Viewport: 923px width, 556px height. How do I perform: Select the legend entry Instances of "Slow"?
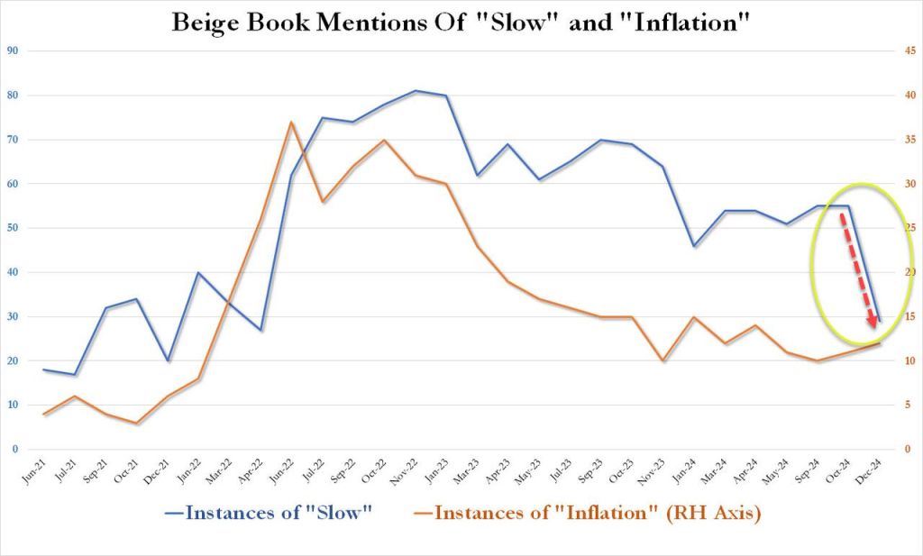pos(269,513)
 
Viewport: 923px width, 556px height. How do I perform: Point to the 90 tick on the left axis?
pos(14,51)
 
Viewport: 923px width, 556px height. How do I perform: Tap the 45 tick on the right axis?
pos(911,51)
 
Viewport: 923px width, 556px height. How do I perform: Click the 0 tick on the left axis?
pos(16,449)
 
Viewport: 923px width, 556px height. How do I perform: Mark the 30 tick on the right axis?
pos(911,184)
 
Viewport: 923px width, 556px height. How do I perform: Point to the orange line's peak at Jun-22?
pos(291,123)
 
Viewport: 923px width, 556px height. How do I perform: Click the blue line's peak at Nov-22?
pos(416,91)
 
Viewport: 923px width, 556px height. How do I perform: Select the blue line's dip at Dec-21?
pos(168,360)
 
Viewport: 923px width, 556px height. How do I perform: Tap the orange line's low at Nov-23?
pos(663,360)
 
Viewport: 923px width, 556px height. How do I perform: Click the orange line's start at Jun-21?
pos(44,414)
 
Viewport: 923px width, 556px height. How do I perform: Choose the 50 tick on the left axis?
pos(14,228)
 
